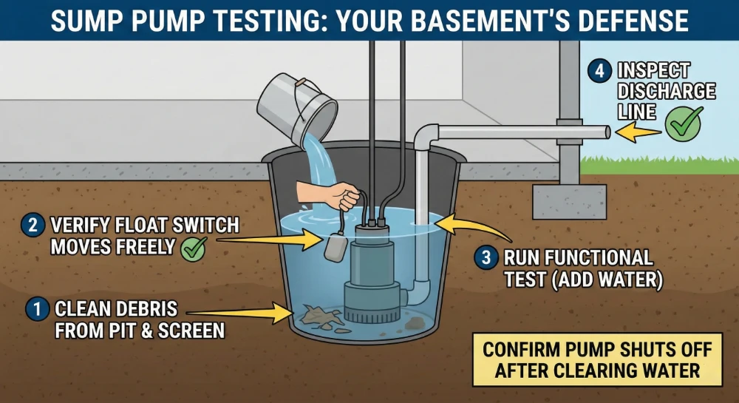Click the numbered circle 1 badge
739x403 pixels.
point(35,309)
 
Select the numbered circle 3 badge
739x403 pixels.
point(486,258)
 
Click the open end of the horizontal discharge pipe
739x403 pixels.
point(607,132)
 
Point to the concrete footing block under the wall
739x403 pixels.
point(569,201)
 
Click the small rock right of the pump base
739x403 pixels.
point(415,322)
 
